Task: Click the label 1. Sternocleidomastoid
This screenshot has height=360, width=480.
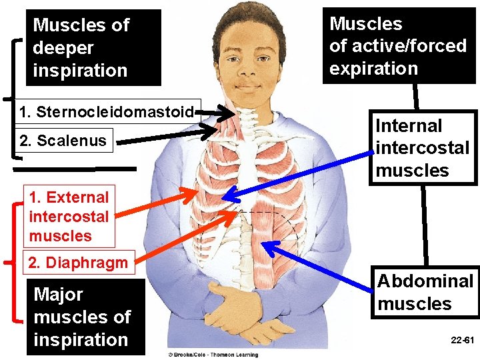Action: tap(109, 111)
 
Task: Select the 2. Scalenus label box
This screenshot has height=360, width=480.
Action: tap(63, 141)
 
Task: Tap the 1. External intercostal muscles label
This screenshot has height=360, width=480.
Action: tap(68, 216)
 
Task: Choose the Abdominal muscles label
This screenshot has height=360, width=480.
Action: tap(425, 292)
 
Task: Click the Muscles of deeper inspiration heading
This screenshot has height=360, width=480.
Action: tap(81, 47)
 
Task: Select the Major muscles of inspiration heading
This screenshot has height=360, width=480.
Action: tap(82, 317)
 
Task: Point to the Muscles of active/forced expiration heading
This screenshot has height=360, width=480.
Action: tap(397, 45)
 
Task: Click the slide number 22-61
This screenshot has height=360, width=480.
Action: tap(462, 340)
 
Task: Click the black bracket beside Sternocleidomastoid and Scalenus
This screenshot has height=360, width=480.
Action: tap(15, 100)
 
